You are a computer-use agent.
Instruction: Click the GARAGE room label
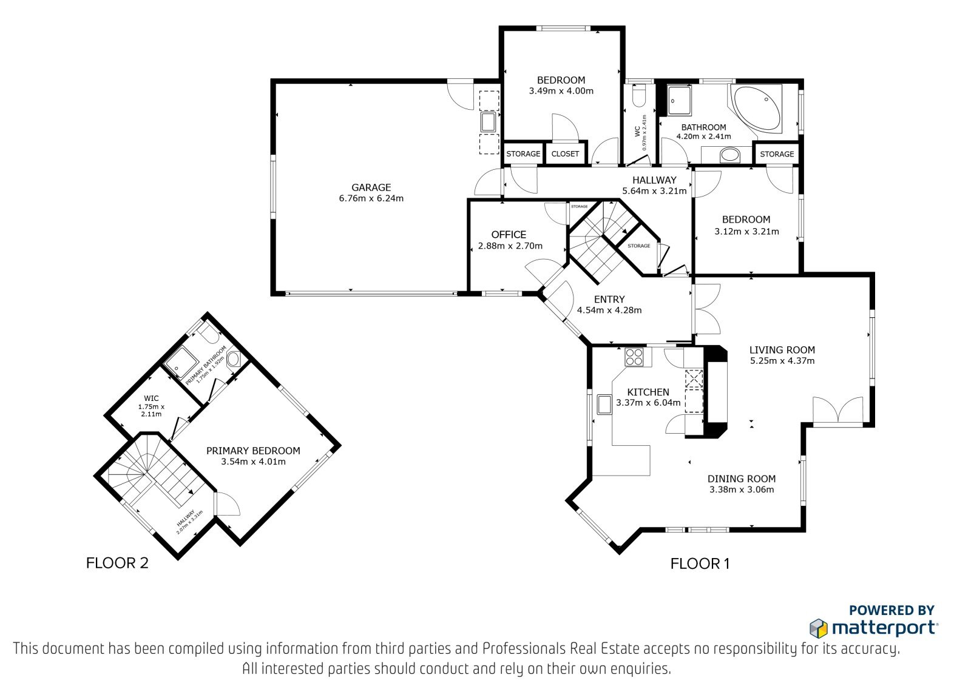[371, 187]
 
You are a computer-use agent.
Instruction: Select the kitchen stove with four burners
[634, 357]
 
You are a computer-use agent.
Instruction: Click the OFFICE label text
[509, 235]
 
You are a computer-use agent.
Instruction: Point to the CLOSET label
[565, 154]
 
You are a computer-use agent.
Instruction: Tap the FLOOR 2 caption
[117, 563]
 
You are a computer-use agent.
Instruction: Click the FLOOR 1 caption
[700, 563]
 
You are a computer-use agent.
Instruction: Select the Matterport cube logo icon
[819, 628]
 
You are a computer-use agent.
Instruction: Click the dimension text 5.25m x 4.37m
[782, 360]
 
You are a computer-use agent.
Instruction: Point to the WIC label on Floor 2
[151, 398]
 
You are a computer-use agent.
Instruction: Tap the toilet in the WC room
[639, 96]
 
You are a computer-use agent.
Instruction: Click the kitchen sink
[604, 405]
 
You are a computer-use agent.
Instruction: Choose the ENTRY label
[609, 299]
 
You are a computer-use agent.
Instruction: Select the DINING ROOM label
[742, 479]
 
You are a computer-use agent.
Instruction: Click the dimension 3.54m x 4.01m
[253, 462]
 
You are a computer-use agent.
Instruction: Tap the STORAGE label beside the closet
[523, 154]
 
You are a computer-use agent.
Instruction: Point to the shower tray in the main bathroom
[679, 101]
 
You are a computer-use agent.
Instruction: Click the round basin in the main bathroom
[730, 155]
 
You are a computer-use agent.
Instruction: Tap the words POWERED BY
[891, 610]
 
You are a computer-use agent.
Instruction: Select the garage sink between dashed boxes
[489, 122]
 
